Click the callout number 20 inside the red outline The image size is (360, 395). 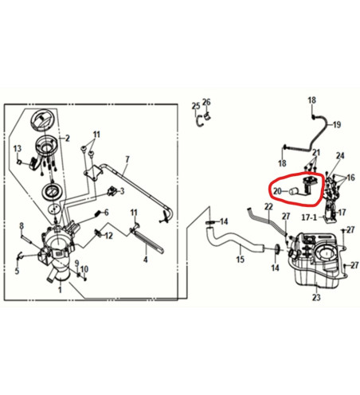(277, 191)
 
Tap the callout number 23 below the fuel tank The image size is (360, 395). (316, 297)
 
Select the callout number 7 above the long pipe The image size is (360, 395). (127, 159)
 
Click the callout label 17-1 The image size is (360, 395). (309, 217)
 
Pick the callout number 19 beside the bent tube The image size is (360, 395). (337, 124)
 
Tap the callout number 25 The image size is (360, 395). (196, 106)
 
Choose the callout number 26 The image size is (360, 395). (206, 102)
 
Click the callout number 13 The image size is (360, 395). (18, 148)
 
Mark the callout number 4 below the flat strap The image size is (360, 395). (145, 260)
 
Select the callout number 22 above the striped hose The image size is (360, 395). (268, 206)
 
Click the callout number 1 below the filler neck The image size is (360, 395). (60, 289)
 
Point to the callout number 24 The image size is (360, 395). (340, 155)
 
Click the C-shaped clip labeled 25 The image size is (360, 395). (198, 122)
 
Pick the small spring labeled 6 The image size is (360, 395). (97, 213)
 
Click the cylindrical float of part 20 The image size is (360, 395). (294, 191)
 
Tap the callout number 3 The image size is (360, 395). (122, 191)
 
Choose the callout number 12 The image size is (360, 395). (108, 236)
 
